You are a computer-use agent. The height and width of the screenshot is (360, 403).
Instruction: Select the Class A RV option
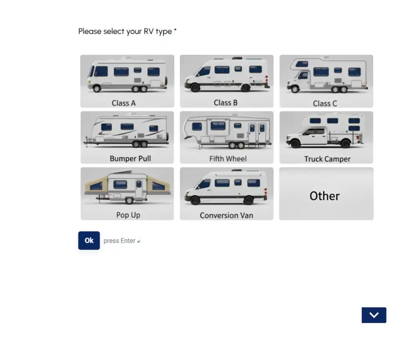point(127,81)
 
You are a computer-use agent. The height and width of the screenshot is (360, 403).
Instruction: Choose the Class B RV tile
point(227,81)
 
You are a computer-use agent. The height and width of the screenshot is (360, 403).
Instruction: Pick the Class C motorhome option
point(327,81)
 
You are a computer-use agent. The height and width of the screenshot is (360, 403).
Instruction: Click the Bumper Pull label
point(130,159)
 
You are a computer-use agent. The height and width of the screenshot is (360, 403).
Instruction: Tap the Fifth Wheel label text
point(228,159)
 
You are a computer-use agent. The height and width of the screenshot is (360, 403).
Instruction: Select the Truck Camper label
point(327,159)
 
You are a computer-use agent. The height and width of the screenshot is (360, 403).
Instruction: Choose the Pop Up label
point(128,215)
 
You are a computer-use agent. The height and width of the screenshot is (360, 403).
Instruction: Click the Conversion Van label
point(227,215)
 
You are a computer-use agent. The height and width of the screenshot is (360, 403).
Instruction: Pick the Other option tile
point(327,194)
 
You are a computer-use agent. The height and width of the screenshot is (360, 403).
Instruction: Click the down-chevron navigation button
point(374,315)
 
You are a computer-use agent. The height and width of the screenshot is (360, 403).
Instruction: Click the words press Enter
point(120,241)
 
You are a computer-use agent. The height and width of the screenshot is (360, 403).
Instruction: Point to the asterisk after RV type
point(175,30)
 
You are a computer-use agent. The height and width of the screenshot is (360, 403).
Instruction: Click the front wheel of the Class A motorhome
point(97,89)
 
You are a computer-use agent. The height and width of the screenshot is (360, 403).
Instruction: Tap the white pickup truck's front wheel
point(296,143)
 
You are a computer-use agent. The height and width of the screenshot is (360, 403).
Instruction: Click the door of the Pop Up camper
point(139,189)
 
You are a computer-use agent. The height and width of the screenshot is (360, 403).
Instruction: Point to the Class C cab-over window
point(302,64)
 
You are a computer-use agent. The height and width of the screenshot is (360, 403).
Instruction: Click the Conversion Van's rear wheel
point(249,200)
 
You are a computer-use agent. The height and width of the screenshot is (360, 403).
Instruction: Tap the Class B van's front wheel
point(195,87)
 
